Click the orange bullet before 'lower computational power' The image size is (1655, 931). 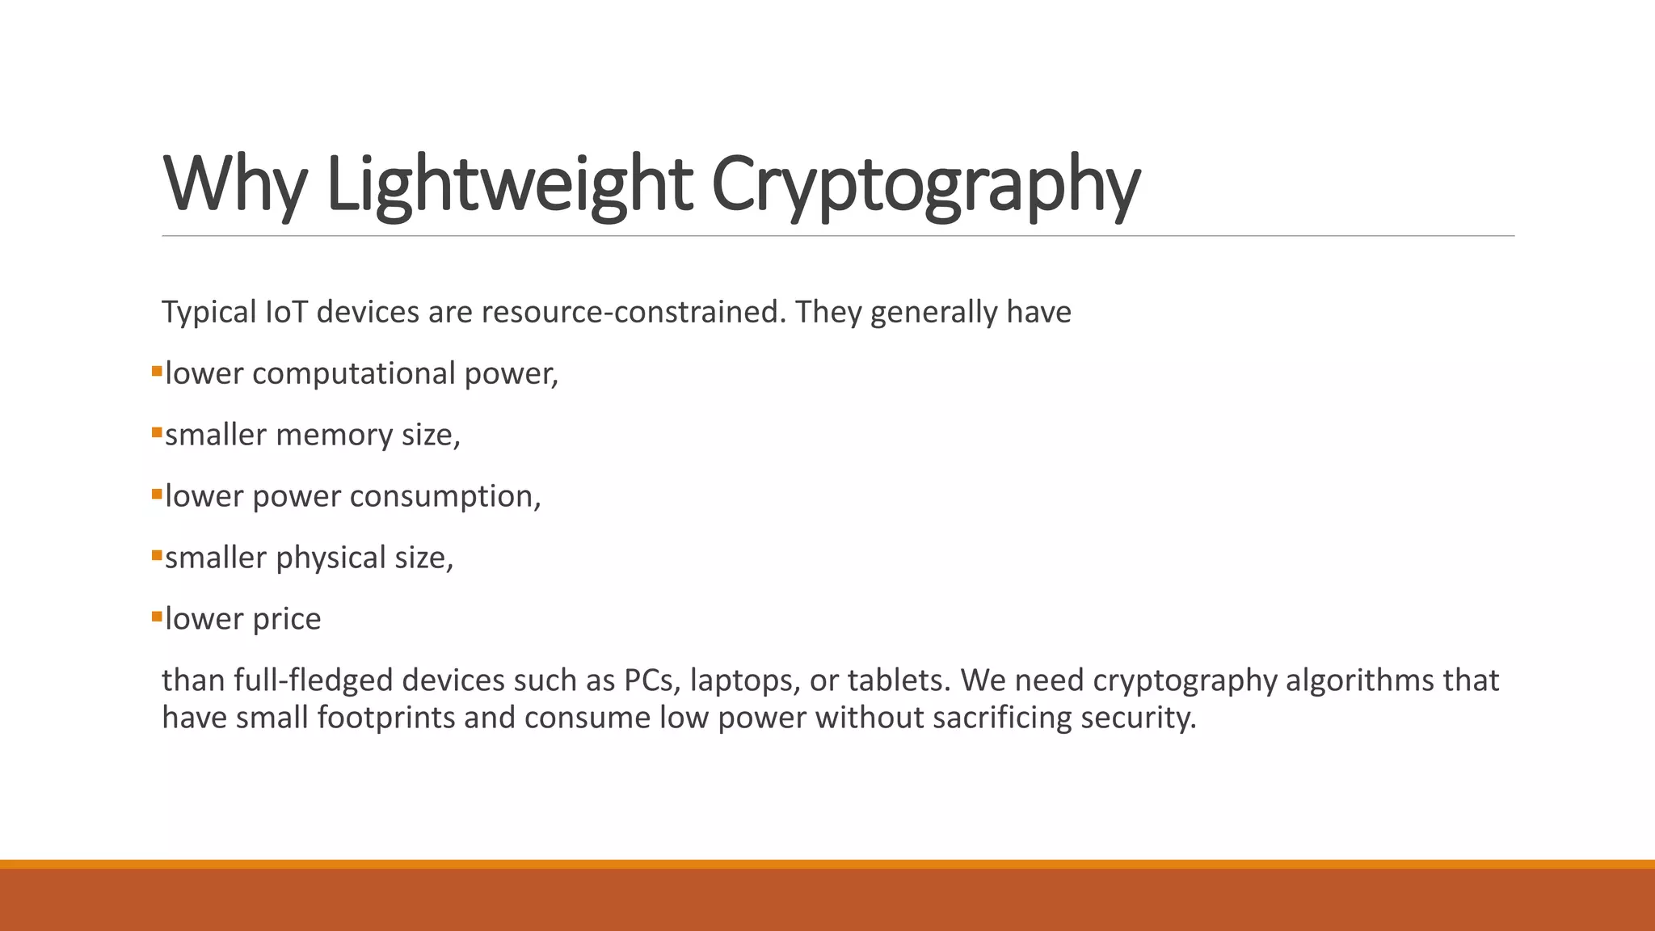click(157, 372)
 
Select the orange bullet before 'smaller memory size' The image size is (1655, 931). click(157, 433)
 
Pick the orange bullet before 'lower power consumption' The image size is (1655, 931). click(157, 495)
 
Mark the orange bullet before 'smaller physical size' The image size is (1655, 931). click(157, 556)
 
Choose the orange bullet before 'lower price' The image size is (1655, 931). click(157, 617)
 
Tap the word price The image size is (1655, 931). click(287, 619)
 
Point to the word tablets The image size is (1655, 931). click(899, 680)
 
